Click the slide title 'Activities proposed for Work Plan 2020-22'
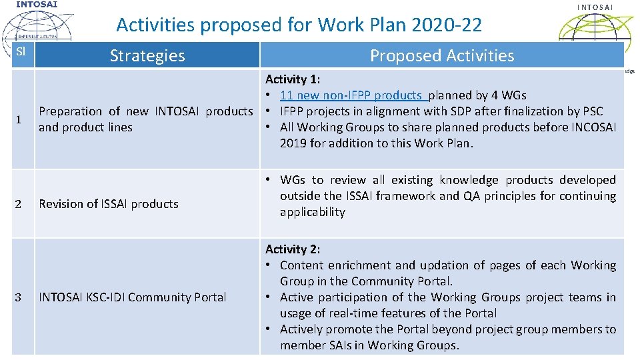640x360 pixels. click(299, 25)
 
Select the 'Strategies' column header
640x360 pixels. click(147, 55)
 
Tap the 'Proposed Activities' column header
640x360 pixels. click(442, 55)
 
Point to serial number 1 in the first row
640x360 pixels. click(18, 119)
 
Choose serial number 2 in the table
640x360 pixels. click(18, 204)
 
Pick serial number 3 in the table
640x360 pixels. click(18, 297)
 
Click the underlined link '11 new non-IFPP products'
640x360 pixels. click(352, 95)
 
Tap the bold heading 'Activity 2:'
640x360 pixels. click(293, 249)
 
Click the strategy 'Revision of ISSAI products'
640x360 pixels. click(109, 204)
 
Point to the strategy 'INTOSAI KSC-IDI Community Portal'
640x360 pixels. click(133, 297)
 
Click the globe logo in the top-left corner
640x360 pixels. click(37, 27)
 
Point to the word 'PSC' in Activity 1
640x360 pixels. click(591, 111)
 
